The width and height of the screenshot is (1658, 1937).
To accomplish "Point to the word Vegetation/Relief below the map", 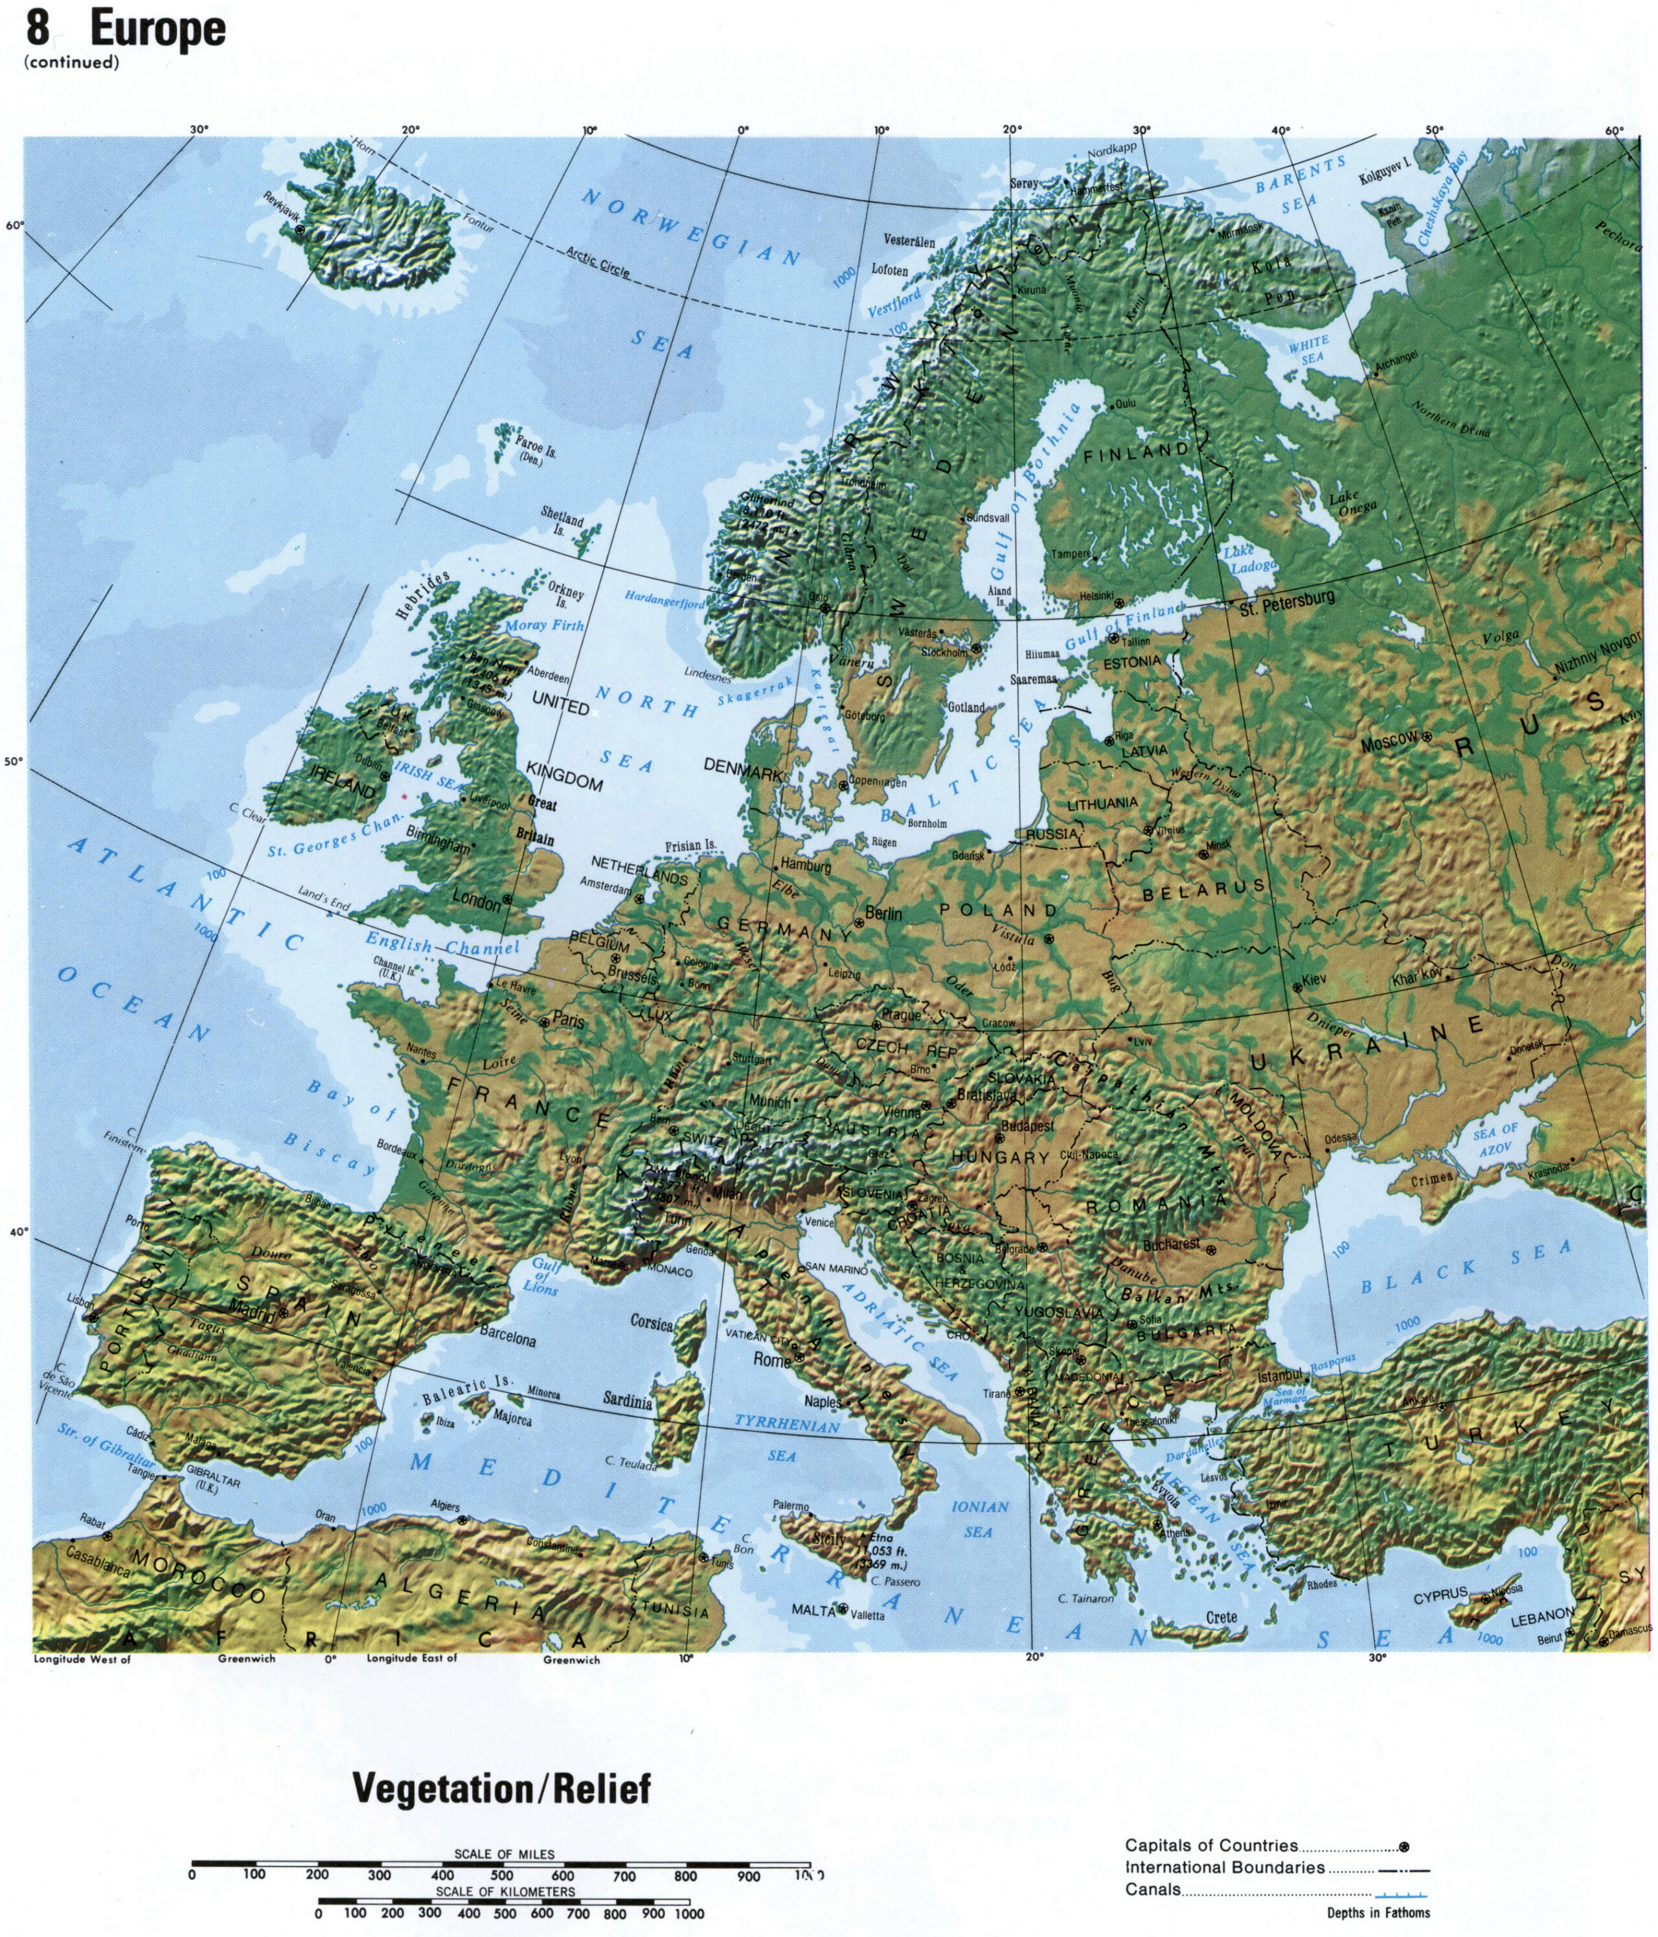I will coord(500,1789).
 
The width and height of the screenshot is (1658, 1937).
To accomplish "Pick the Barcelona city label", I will coord(508,1338).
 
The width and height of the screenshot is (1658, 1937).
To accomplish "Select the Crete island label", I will coord(1221,1616).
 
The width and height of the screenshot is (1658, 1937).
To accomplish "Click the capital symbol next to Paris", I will coord(545,1022).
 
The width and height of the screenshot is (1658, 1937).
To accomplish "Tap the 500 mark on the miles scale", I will coord(501,1875).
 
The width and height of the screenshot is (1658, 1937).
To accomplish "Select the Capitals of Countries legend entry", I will coord(1211,1846).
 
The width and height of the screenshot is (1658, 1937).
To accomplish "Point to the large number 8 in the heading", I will coord(38,28).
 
